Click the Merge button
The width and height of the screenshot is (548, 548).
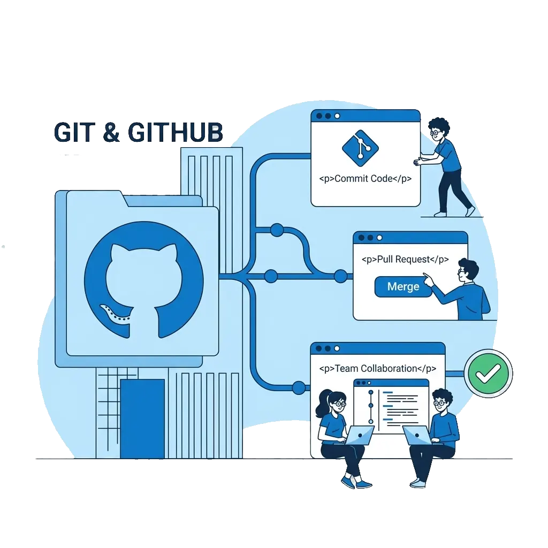point(404,287)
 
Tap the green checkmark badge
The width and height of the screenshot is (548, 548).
point(488,373)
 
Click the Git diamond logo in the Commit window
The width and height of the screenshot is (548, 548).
point(360,148)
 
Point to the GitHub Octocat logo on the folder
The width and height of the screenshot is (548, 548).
point(144,279)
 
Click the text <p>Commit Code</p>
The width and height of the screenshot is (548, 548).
point(365,179)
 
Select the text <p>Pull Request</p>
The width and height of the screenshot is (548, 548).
point(405,260)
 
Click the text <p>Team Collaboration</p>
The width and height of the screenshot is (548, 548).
point(378,369)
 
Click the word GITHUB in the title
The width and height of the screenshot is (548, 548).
point(176,133)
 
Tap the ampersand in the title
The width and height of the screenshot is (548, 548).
point(111,132)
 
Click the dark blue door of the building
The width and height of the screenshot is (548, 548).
point(142,418)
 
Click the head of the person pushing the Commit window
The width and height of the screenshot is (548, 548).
point(439,130)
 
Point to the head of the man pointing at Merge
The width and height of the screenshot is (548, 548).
point(468,271)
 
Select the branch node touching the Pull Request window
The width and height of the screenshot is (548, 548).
point(341,276)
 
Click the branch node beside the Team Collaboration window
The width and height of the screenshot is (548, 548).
point(299,387)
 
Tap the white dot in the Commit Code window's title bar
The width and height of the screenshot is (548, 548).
point(337,116)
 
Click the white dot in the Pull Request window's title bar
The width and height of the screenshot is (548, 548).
point(379,238)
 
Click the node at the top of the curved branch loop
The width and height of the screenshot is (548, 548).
point(277,230)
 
